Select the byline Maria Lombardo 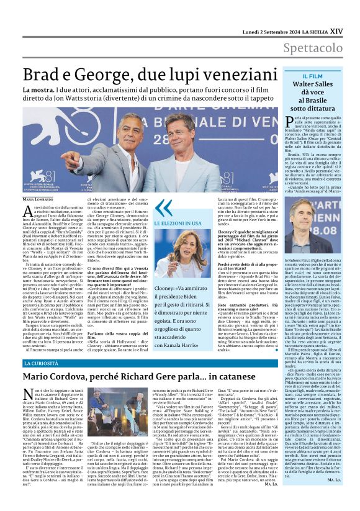point(38,199)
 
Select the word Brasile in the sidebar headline point(316,100)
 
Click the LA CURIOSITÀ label point(42,363)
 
